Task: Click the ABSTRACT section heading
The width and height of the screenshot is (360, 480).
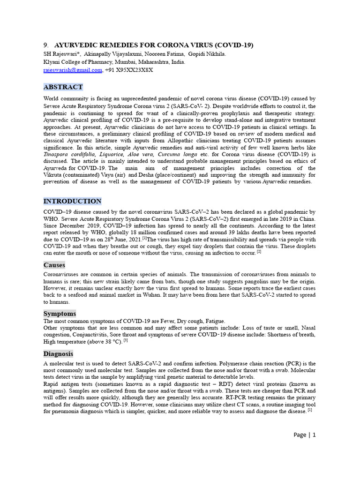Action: pos(63,87)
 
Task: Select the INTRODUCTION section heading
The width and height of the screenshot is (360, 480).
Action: pos(72,202)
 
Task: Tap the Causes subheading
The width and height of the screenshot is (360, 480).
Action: pos(54,265)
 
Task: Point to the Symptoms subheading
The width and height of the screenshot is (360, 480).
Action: pos(60,314)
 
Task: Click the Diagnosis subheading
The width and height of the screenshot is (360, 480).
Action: pos(58,354)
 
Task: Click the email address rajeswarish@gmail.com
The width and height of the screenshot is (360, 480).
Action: pos(73,70)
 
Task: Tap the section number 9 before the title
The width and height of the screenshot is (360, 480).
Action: pos(45,45)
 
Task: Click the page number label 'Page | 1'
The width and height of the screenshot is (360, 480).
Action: pos(305,435)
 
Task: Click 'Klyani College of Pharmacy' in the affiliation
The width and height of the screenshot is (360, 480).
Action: pos(74,62)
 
